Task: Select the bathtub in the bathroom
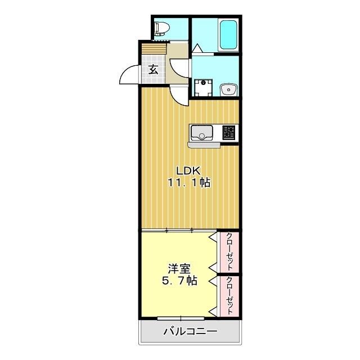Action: (x=228, y=35)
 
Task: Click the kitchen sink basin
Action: (x=201, y=133)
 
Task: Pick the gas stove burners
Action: (x=228, y=133)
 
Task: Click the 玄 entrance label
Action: (x=153, y=70)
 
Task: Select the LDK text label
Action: (x=188, y=170)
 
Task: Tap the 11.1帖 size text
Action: (x=188, y=183)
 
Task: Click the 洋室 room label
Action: (x=175, y=268)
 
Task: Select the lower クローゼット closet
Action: (x=229, y=295)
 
